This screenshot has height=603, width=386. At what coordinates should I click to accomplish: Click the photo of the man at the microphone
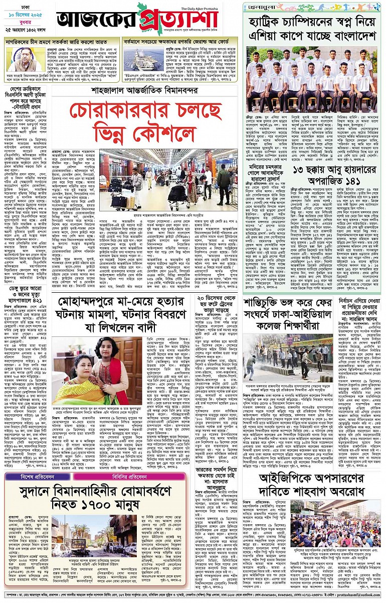pyautogui.click(x=23, y=59)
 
